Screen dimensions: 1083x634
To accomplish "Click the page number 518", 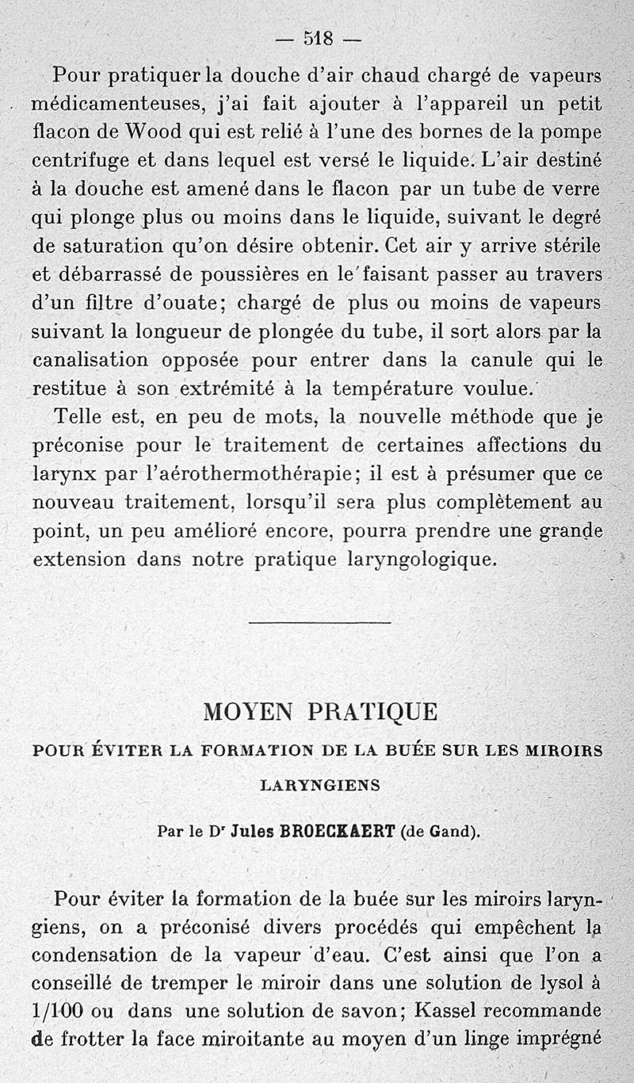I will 317,37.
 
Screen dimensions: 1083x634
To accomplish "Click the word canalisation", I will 90,359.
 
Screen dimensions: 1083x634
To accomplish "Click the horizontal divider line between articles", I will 319,622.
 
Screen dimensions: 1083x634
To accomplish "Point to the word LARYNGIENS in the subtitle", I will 320,786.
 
